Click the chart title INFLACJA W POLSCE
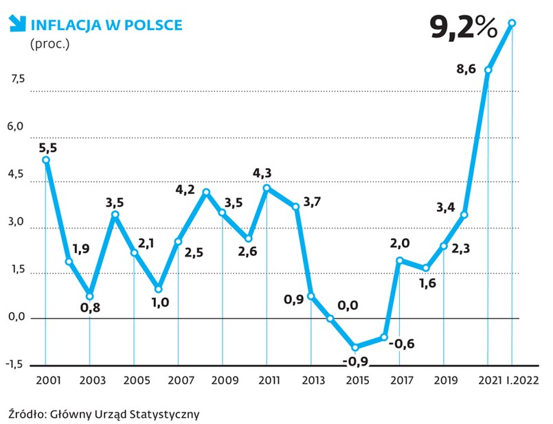tap(105, 25)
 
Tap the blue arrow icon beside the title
tap(15, 25)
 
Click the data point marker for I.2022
tap(512, 23)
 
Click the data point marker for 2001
tap(46, 160)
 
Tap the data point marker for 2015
tap(355, 347)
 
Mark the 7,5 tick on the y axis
tap(16, 79)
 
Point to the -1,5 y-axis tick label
tap(15, 364)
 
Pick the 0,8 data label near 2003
tap(91, 307)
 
